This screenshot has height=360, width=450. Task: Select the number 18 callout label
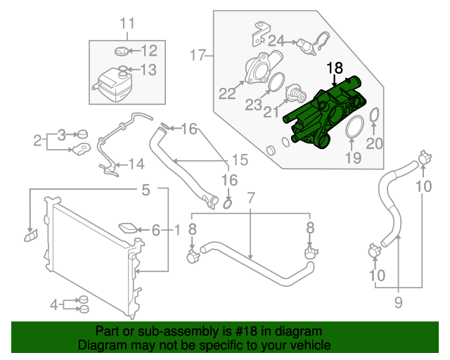[335, 68]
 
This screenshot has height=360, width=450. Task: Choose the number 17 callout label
[197, 54]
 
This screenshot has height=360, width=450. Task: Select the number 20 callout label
[374, 143]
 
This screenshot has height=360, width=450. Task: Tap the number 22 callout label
[226, 93]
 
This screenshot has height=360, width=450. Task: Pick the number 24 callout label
[276, 40]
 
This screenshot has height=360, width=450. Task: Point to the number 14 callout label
[136, 165]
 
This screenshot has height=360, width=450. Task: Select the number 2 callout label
[37, 141]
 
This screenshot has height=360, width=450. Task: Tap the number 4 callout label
[54, 304]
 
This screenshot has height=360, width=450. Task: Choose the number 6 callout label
[156, 229]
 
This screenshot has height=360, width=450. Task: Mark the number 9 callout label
[398, 303]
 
